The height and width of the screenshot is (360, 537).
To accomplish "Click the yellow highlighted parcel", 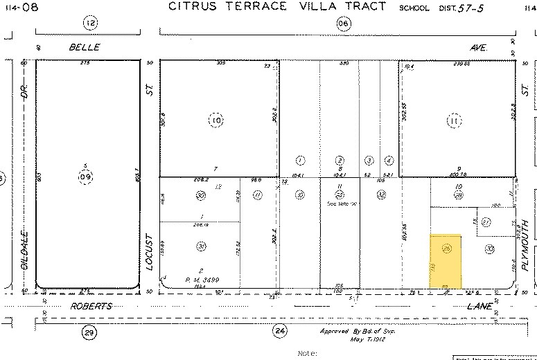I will point(447,261).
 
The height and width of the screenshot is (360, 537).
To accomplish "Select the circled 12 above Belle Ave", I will point(90,23).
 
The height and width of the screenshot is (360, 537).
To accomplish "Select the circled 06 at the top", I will point(344,23).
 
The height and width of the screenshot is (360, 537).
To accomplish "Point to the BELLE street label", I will point(84,47).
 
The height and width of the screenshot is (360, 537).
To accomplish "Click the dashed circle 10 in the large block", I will point(216,120).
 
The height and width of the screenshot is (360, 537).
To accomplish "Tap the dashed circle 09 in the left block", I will point(85,177).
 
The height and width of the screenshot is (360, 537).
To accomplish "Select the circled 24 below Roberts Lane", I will point(280,331).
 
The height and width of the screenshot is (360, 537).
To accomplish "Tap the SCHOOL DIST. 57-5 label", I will point(433,8).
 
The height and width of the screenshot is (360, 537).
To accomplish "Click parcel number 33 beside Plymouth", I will point(489,249).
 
